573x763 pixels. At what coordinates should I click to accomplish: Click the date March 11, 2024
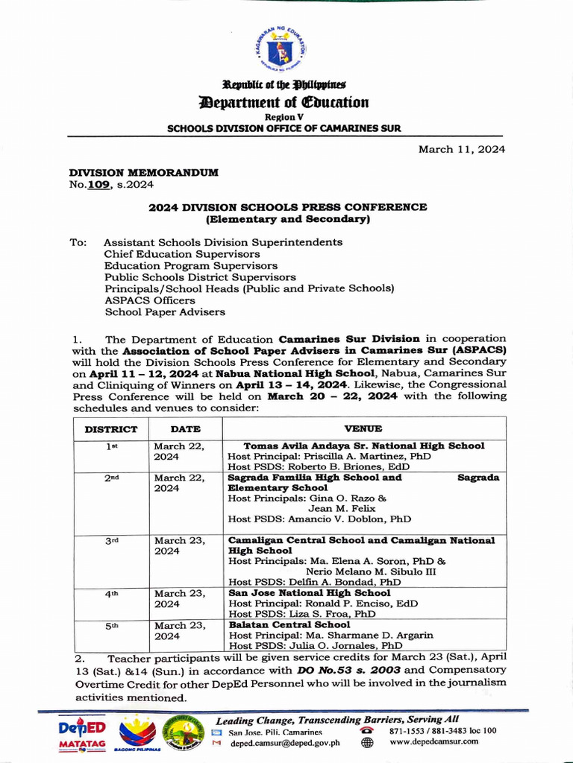pyautogui.click(x=461, y=149)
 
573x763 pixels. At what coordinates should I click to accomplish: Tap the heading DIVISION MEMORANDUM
pyautogui.click(x=143, y=172)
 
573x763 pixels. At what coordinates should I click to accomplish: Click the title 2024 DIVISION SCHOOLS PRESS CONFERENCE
pyautogui.click(x=287, y=207)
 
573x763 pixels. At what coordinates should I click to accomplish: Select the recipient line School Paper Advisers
pyautogui.click(x=164, y=312)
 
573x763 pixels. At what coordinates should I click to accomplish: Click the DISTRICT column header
pyautogui.click(x=110, y=429)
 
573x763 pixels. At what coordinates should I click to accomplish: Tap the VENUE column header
pyautogui.click(x=363, y=428)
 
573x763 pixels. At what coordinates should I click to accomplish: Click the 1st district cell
pyautogui.click(x=111, y=446)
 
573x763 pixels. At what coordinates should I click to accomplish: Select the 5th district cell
pyautogui.click(x=111, y=627)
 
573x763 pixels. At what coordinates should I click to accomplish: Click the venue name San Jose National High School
pyautogui.click(x=309, y=593)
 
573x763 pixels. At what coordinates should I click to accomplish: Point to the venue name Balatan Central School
pyautogui.click(x=289, y=624)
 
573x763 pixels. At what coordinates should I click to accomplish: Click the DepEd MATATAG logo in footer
pyautogui.click(x=82, y=734)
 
